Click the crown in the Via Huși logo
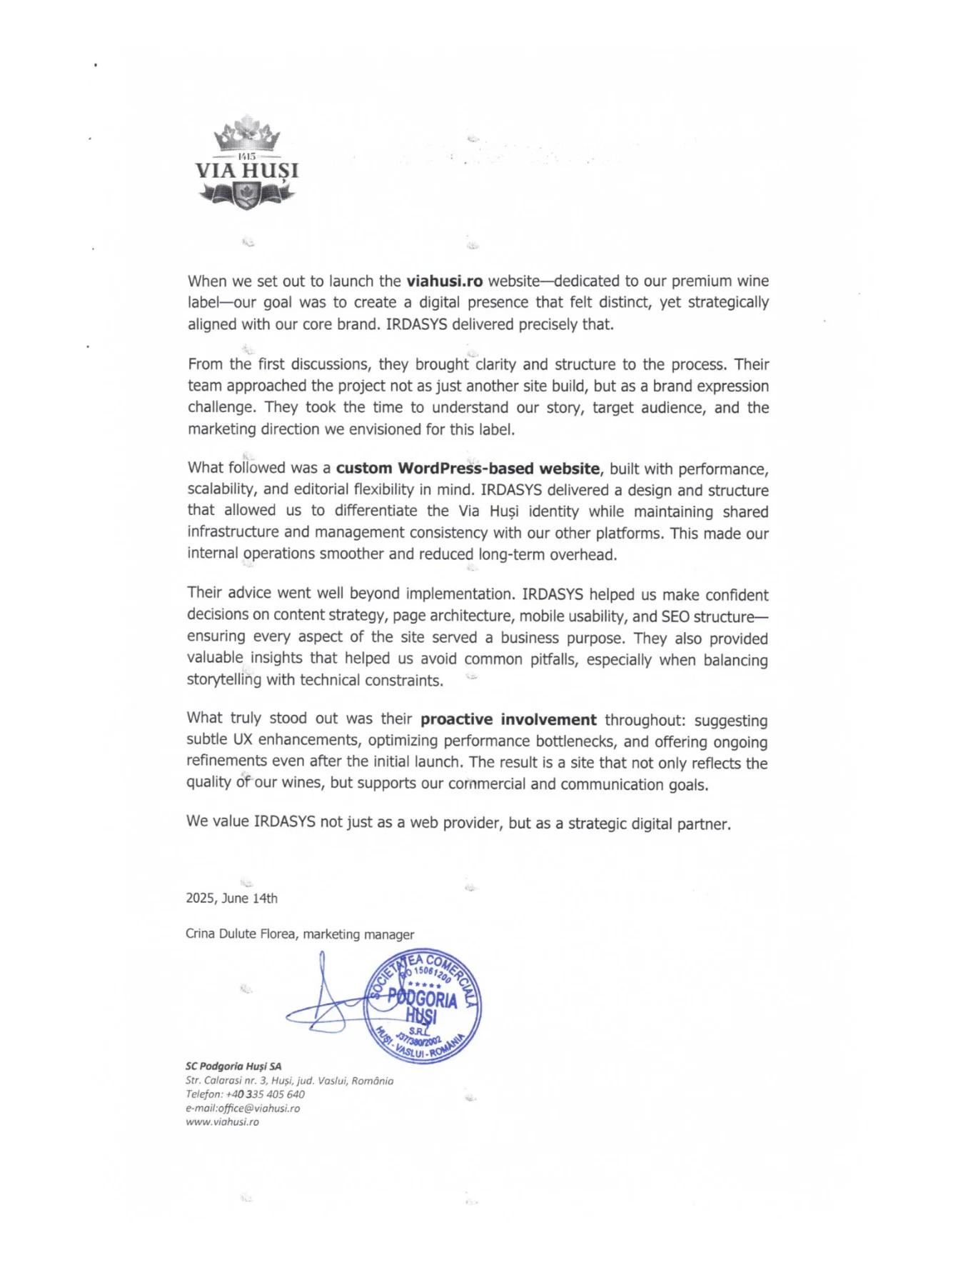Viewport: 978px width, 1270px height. point(247,134)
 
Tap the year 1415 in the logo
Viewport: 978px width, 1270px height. point(247,156)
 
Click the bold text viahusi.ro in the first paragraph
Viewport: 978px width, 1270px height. point(445,281)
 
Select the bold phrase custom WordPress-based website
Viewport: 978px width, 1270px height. point(468,469)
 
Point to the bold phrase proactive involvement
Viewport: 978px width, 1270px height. point(508,719)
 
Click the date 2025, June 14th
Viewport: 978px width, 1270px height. point(231,898)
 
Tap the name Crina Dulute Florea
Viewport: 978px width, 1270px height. point(240,934)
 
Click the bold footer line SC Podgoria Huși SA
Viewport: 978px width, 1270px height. point(233,1066)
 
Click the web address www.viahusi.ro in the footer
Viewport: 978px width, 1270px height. point(222,1122)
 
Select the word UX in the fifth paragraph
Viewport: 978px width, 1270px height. point(243,740)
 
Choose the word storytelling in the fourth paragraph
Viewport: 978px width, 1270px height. point(224,680)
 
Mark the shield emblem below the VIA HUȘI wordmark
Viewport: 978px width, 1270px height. point(247,194)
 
